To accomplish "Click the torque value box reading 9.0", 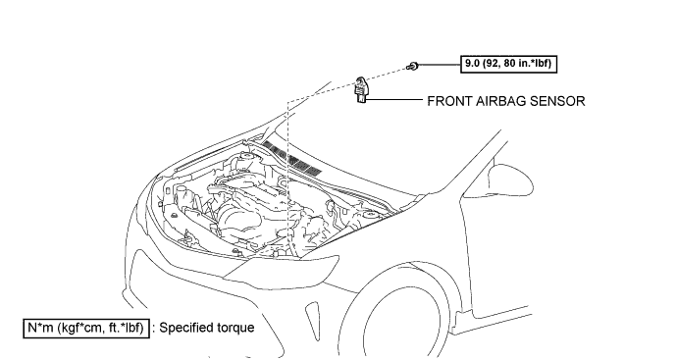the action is (x=509, y=64).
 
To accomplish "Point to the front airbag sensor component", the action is (x=360, y=89).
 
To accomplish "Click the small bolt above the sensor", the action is (x=412, y=67).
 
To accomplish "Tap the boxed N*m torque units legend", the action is (x=85, y=328).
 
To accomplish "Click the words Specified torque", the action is (x=207, y=328).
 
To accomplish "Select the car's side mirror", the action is (x=509, y=179).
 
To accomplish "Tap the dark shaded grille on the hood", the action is (x=293, y=159).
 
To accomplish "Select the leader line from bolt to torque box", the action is (x=439, y=65).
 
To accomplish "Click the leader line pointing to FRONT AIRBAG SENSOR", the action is (x=394, y=100).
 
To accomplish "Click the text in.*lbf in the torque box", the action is (x=534, y=64).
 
